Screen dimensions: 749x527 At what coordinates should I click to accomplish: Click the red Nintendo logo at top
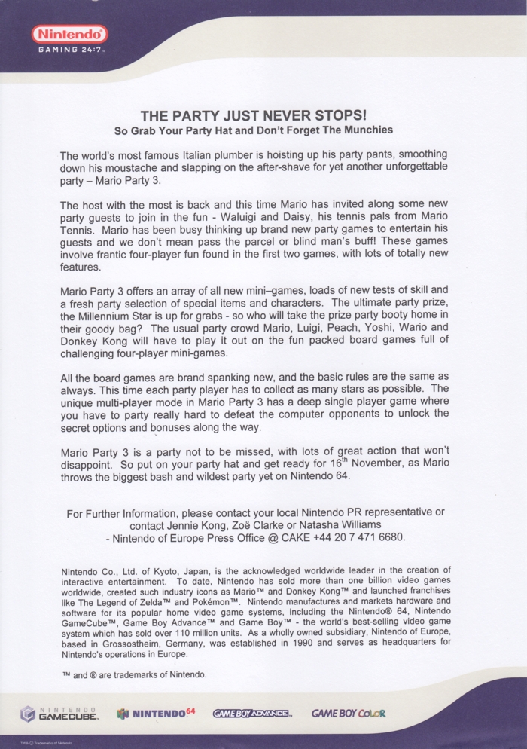coord(69,34)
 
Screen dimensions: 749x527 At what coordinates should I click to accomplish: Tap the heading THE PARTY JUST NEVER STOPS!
coord(254,116)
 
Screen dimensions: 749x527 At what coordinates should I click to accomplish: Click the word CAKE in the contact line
coord(294,537)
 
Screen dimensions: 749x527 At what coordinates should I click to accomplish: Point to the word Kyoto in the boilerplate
coord(172,570)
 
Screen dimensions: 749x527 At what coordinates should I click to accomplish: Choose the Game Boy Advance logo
coord(252,713)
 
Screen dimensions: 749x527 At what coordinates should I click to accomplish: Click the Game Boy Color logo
coord(348,713)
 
